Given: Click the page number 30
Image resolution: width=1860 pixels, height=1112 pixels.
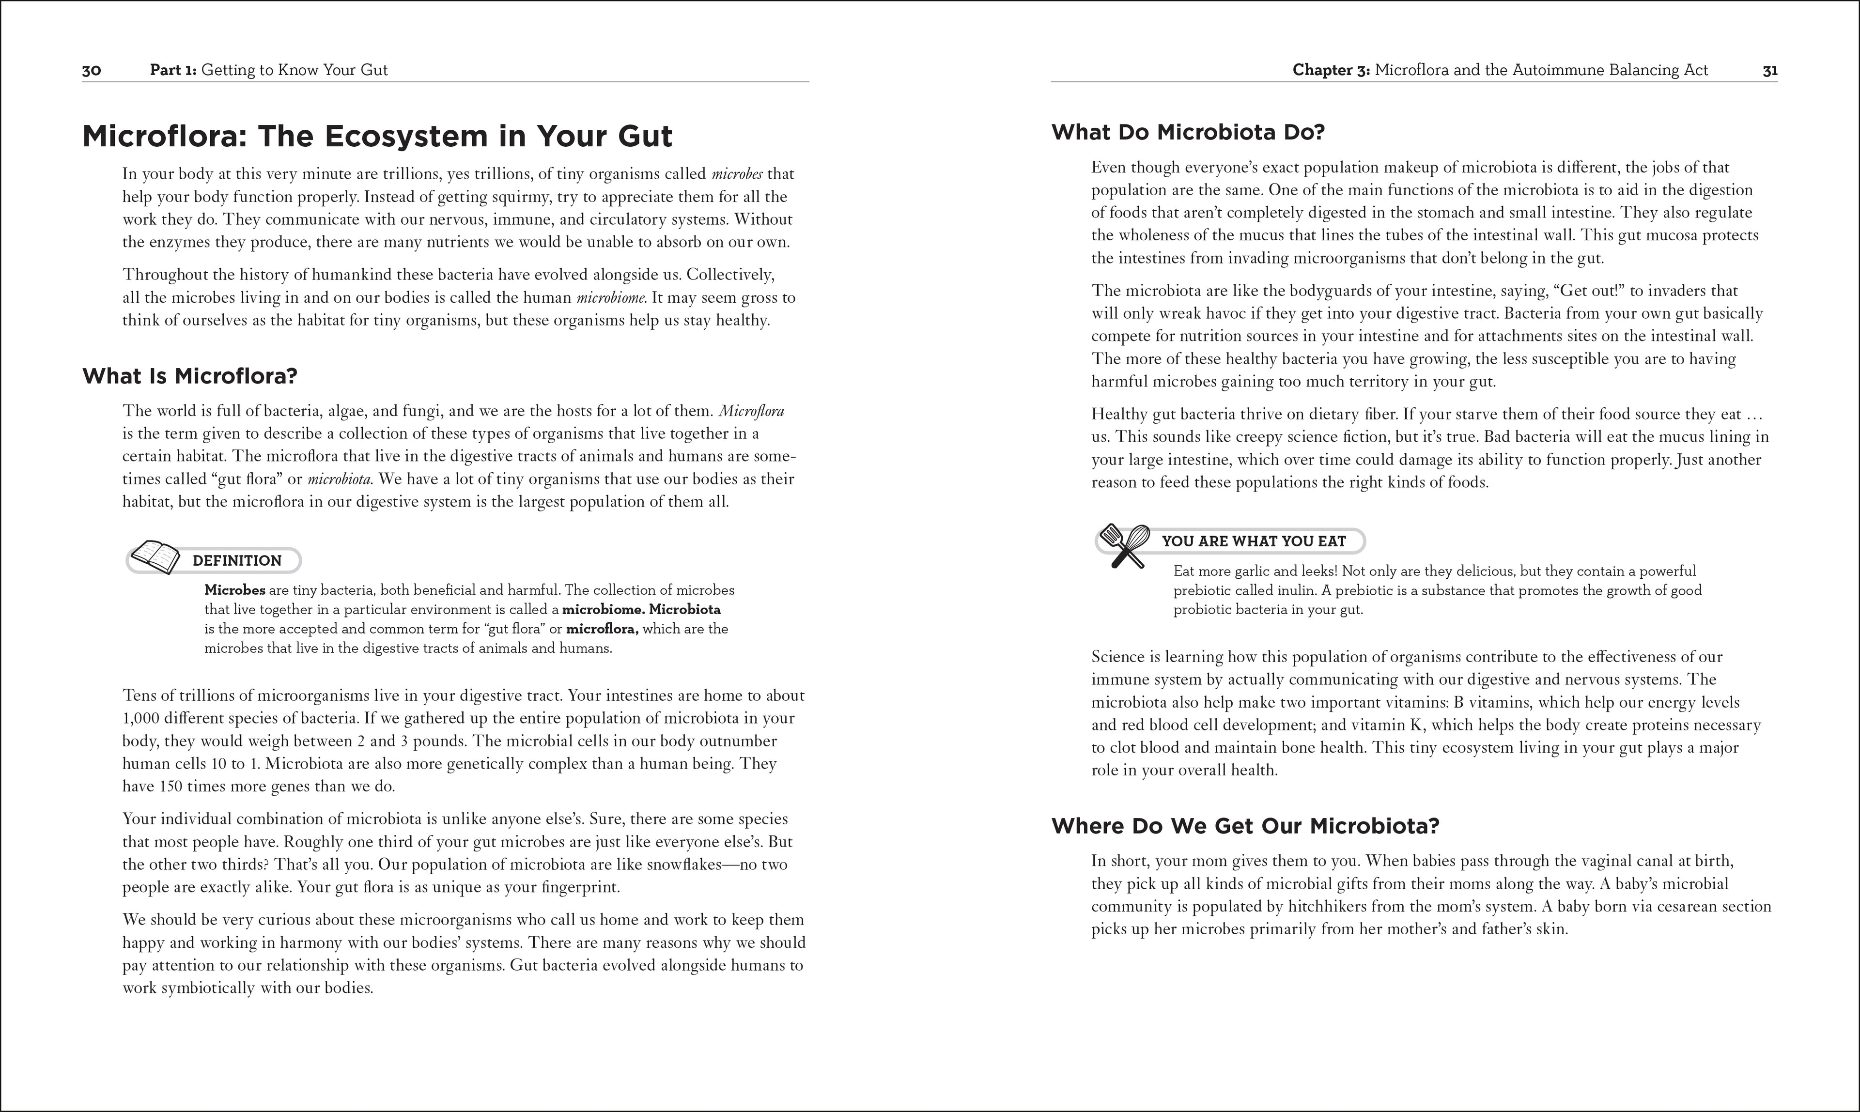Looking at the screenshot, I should (x=92, y=70).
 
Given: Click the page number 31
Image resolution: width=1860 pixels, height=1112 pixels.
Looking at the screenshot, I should (x=1769, y=70).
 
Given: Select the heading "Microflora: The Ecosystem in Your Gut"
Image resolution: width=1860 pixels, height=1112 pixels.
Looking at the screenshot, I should (x=377, y=137).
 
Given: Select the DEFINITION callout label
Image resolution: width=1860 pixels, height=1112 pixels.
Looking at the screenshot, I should (x=237, y=560).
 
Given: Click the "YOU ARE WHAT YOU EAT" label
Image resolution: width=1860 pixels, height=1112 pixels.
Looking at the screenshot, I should (x=1254, y=541).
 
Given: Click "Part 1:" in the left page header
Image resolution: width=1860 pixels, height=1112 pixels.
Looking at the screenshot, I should (x=173, y=70).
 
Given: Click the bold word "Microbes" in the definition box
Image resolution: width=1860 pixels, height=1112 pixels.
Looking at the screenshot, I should (x=234, y=590).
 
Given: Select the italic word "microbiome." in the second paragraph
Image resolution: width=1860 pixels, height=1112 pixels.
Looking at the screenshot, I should (x=611, y=297).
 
